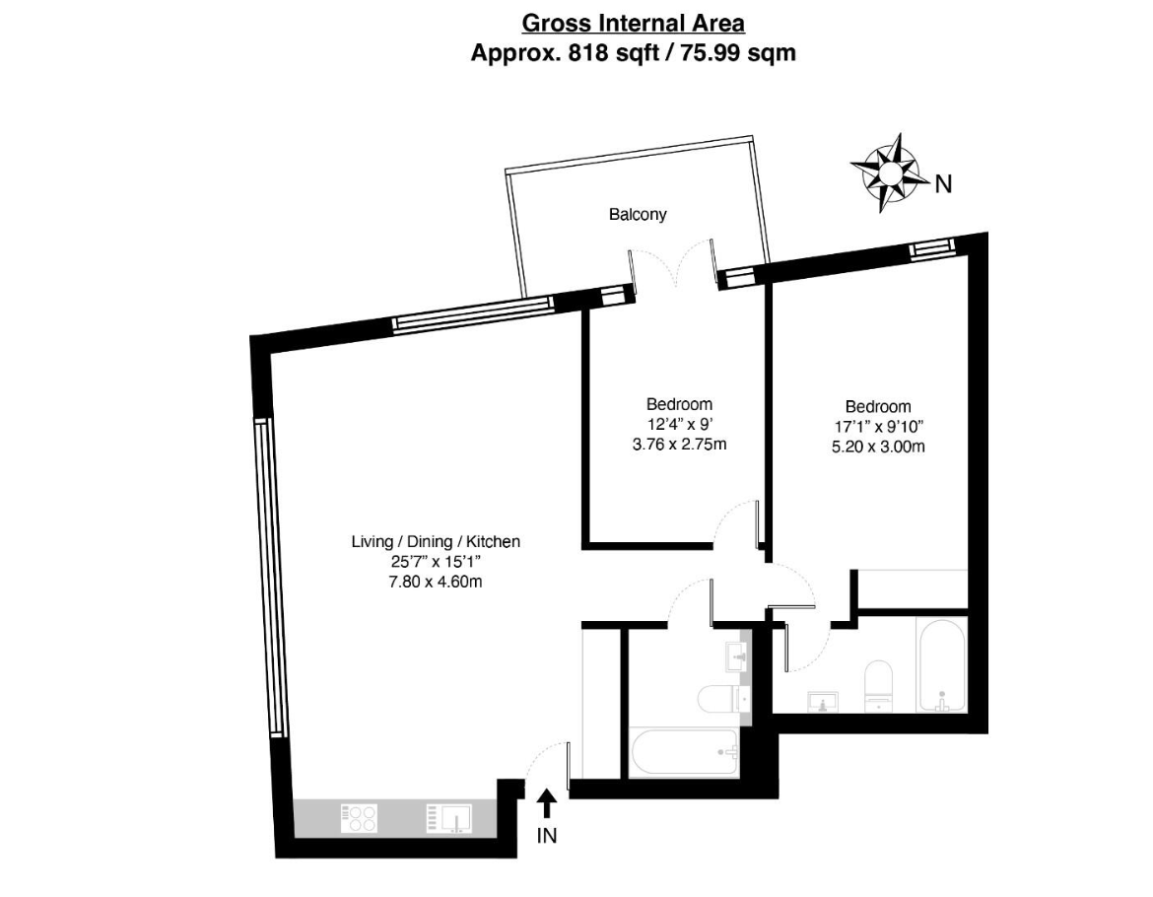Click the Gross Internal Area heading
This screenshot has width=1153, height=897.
633,24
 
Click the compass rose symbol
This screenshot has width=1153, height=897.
888,173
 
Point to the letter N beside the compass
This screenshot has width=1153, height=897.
943,183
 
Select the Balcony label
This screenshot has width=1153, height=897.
638,215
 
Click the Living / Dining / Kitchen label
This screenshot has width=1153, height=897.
436,542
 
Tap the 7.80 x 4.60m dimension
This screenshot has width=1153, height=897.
436,583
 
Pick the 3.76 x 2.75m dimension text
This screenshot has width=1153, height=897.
679,445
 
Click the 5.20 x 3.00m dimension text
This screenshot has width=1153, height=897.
878,447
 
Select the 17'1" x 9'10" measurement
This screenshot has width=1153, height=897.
878,427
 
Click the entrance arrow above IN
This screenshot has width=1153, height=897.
546,803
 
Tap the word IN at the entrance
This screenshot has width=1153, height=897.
547,836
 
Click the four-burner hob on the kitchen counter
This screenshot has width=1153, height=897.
359,818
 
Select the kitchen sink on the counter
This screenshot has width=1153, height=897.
449,818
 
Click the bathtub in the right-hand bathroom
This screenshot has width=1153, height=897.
941,666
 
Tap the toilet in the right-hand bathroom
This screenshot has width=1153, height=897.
878,686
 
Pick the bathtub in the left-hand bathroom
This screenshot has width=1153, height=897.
684,753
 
